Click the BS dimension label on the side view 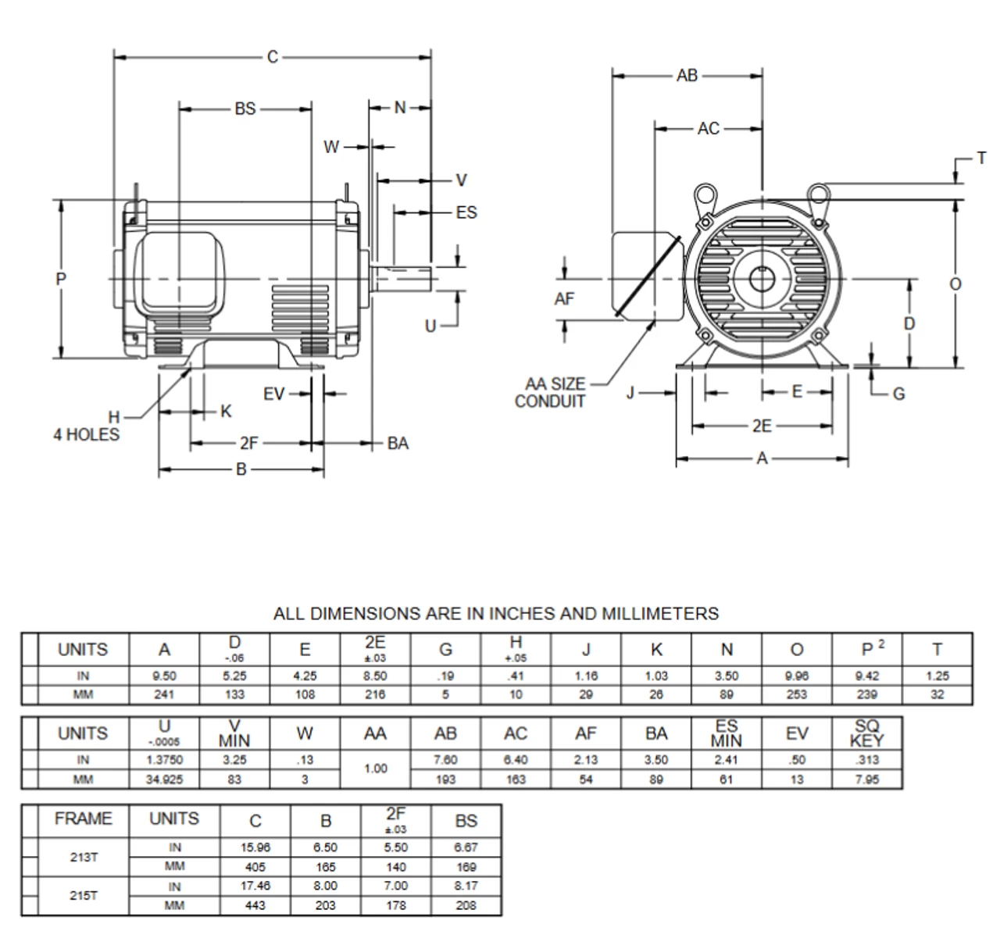(x=245, y=109)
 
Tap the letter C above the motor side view (x=273, y=57)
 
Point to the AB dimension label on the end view (x=687, y=76)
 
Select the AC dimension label (x=708, y=129)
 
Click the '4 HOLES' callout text (x=87, y=435)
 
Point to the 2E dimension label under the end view (x=762, y=426)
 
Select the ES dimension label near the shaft (x=466, y=212)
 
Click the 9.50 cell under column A (x=164, y=676)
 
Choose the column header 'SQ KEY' (x=866, y=733)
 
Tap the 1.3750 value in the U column (x=164, y=760)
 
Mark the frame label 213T (x=84, y=857)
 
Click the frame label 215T (x=84, y=896)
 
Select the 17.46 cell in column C (x=255, y=886)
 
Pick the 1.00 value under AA (x=375, y=769)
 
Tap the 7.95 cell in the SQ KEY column (x=866, y=779)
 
